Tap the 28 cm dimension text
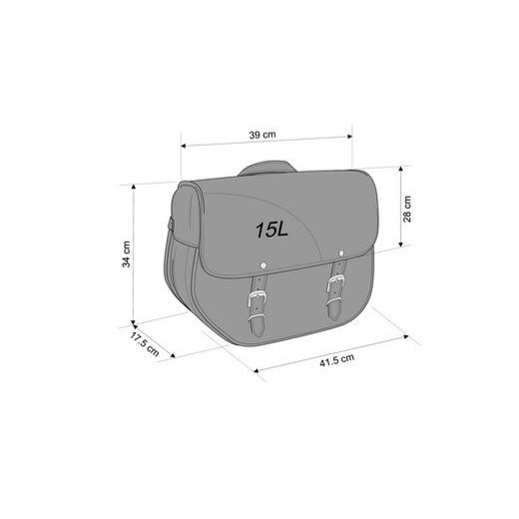pyautogui.click(x=406, y=209)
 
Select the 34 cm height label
pyautogui.click(x=127, y=255)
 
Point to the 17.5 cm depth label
pyautogui.click(x=144, y=346)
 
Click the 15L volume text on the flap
pyautogui.click(x=270, y=230)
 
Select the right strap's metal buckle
pyautogui.click(x=335, y=289)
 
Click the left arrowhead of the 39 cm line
pyautogui.click(x=183, y=145)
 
